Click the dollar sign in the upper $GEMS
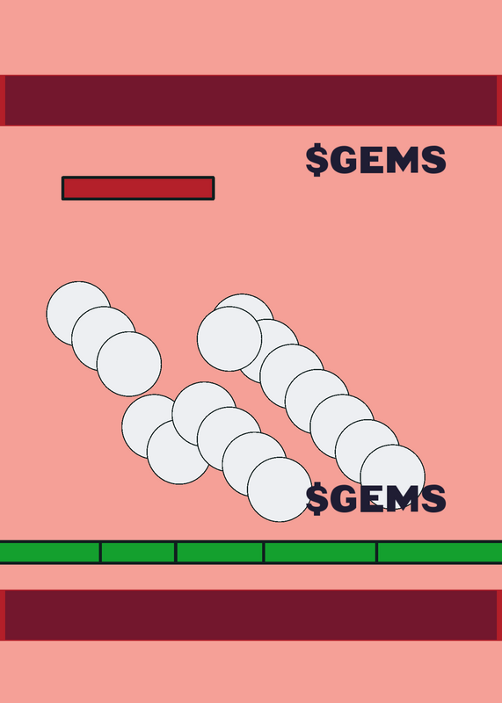tap(316, 160)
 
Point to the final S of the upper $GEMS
tap(434, 160)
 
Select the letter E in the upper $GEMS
tap(371, 160)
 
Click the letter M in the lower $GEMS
tap(403, 498)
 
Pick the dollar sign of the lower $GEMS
tap(316, 498)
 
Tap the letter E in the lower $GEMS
tap(371, 498)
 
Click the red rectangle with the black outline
tap(138, 188)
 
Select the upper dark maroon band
tap(251, 100)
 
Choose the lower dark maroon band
tap(251, 615)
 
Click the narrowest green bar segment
tap(138, 552)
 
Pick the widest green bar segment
tap(440, 552)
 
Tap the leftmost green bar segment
tap(50, 552)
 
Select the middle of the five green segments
tap(220, 552)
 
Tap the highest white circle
tap(78, 314)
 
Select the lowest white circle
tap(280, 489)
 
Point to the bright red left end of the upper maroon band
tap(3, 100)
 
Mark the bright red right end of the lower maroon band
tap(499, 615)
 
